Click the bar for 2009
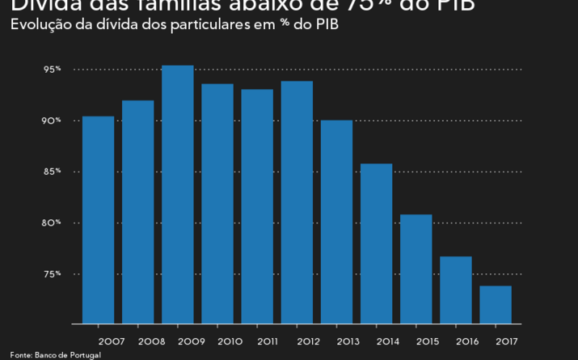pos(178,194)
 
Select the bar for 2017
pos(496,304)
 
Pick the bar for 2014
pos(376,244)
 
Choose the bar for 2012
pos(297,202)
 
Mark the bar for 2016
pos(456,290)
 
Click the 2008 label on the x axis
pos(151,341)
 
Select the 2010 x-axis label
pos(230,341)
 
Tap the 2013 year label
pos(349,341)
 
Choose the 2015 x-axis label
pos(428,341)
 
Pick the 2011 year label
pos(270,341)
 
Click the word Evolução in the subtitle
pos(36,23)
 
